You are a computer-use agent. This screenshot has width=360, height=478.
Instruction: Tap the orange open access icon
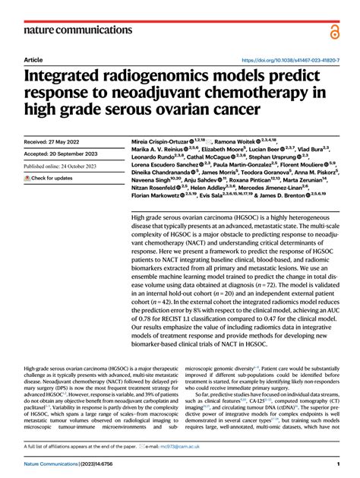coord(334,30)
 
